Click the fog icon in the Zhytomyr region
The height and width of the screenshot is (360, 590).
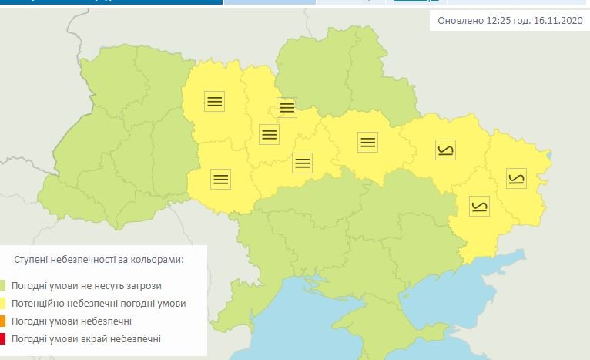tap(214, 100)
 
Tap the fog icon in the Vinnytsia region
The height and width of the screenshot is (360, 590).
tap(221, 179)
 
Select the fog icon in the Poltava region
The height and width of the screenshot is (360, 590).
tap(367, 142)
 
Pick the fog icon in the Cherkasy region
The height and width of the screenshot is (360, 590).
tap(303, 163)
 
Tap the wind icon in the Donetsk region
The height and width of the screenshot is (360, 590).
tap(479, 206)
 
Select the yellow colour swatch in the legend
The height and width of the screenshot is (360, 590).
tap(2, 304)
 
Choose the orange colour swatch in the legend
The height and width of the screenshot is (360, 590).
tap(2, 321)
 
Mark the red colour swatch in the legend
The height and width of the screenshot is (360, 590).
tap(2, 339)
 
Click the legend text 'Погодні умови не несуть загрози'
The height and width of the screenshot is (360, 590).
tap(85, 286)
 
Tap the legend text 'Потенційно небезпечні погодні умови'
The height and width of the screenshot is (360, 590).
tap(98, 304)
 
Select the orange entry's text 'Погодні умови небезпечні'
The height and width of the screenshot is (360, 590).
tap(71, 321)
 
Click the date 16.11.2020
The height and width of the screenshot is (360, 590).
tap(557, 21)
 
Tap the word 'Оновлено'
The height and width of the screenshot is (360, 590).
tap(461, 21)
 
